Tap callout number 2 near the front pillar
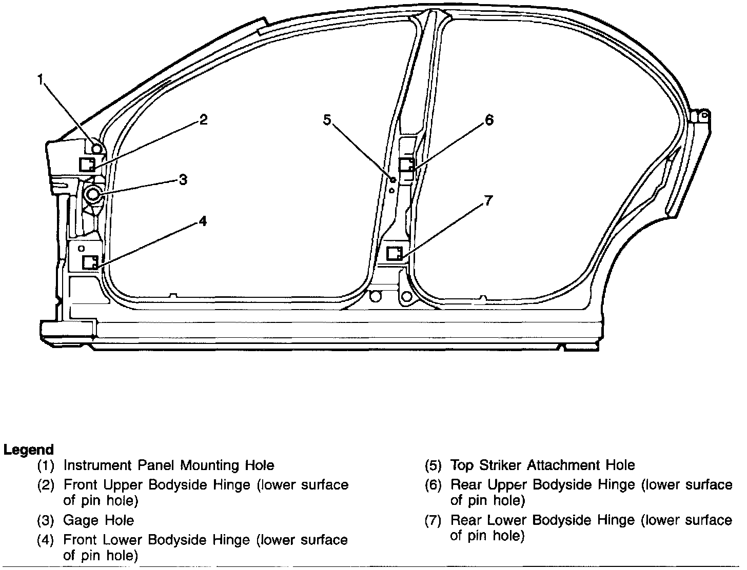coord(204,120)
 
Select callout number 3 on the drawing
coord(183,180)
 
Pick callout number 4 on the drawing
coord(203,221)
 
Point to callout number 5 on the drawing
coord(327,120)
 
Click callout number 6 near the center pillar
coord(489,120)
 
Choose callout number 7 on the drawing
coord(488,201)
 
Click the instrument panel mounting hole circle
coord(96,149)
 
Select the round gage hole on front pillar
coord(93,194)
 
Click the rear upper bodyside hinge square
coord(407,165)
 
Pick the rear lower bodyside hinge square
coord(394,253)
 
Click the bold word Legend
coord(29,450)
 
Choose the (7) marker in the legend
coord(433,521)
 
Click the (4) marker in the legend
coord(46,540)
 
